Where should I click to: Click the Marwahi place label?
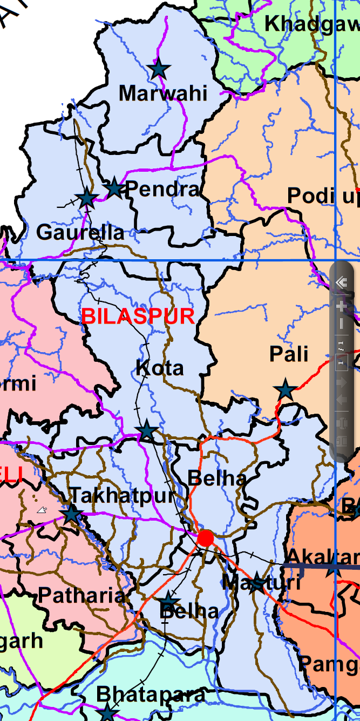coord(162,93)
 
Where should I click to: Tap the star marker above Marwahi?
coord(159,69)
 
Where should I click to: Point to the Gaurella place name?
coord(80,232)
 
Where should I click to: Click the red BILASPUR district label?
coord(138,316)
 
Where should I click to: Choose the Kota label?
coord(160,368)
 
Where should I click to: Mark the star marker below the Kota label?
coord(147,431)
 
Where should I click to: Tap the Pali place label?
coord(289,354)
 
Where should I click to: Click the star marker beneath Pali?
coord(285,389)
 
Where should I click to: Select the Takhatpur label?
coord(123,495)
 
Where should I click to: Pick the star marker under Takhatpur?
coord(72,514)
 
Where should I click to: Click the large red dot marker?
coord(205,538)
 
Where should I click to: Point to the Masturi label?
coord(261,582)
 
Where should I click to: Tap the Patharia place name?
coord(81,596)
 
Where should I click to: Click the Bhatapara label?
coord(151,694)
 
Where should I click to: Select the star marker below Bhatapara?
coord(107,712)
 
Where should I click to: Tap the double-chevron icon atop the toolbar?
coord(341,282)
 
